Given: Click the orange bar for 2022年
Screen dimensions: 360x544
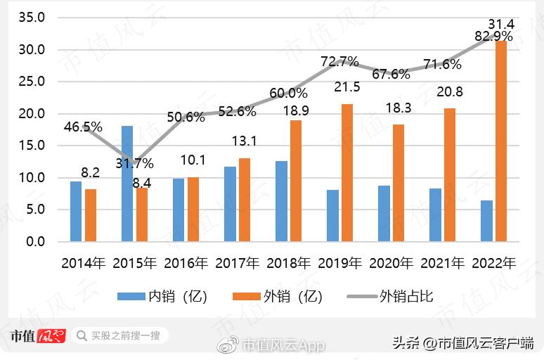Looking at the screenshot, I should (x=500, y=141).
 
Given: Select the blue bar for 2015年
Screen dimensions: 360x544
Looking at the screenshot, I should (x=127, y=184).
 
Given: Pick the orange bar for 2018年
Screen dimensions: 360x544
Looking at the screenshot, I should (x=296, y=181).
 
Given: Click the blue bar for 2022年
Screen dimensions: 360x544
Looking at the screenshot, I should (x=486, y=221).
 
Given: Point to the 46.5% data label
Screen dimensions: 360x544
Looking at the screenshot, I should (x=83, y=127).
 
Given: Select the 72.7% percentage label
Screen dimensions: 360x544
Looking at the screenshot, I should (x=340, y=62).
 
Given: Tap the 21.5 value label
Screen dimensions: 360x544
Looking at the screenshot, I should (x=347, y=87).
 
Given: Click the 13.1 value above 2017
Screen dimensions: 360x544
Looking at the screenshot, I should (x=244, y=141).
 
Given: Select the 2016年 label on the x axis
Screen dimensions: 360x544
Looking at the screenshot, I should (x=186, y=264).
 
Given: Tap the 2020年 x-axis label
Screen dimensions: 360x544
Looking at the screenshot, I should (x=391, y=264).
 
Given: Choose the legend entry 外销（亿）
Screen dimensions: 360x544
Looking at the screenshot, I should (x=278, y=296).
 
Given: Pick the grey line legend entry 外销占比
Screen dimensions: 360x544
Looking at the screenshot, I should (x=390, y=296).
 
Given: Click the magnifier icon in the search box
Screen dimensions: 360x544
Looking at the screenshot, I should (x=82, y=335).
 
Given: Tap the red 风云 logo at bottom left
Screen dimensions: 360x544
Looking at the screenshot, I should (x=51, y=336).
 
